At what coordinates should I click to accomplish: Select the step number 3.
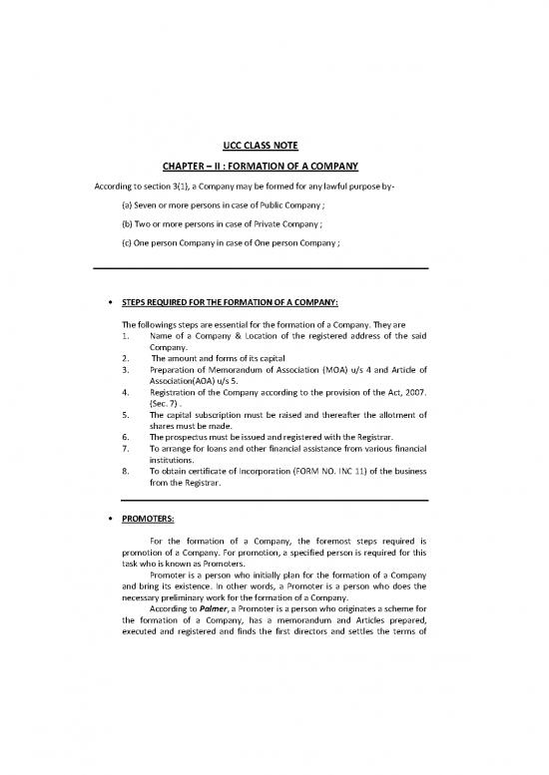point(125,369)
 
